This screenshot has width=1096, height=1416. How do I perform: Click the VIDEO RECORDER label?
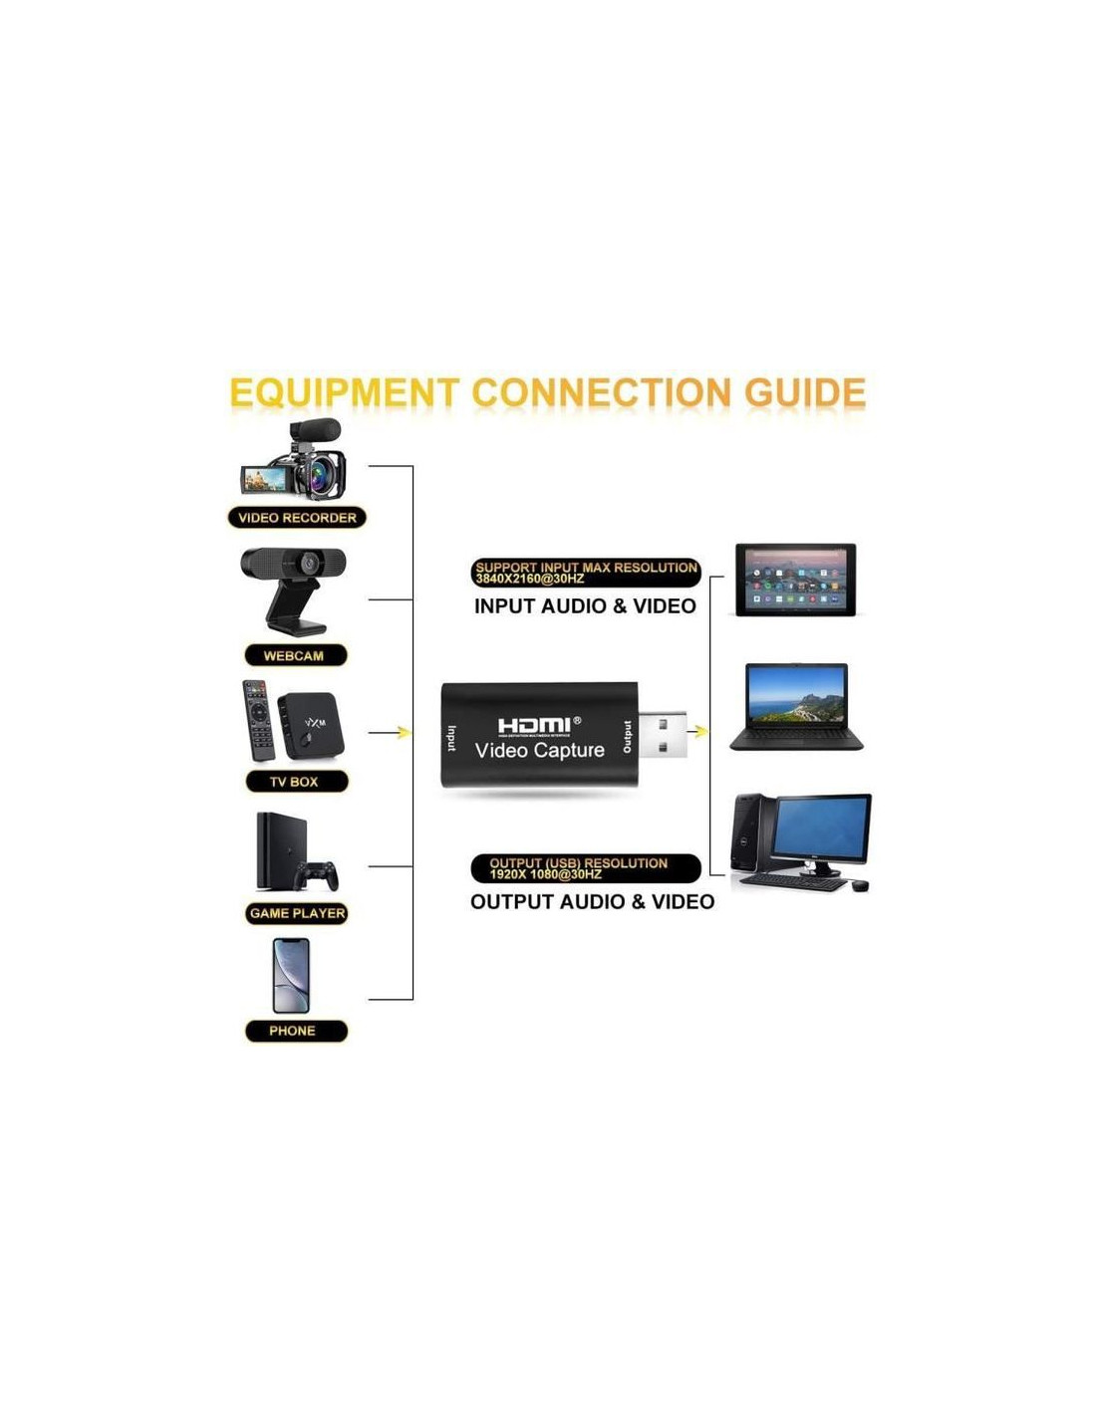(297, 518)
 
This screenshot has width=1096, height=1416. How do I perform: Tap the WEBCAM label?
(296, 655)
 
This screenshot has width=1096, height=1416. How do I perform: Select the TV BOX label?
(296, 782)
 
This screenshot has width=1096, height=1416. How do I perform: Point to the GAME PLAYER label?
(297, 913)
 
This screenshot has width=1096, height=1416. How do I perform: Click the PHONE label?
(295, 1031)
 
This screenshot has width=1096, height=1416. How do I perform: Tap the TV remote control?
(258, 720)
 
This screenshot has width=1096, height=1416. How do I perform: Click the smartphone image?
(291, 976)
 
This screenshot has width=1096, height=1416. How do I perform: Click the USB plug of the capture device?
(661, 735)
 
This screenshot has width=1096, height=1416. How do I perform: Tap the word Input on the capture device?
(451, 738)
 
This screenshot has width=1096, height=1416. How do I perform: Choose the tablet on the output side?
(795, 580)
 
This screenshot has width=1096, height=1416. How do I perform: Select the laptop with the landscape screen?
(796, 706)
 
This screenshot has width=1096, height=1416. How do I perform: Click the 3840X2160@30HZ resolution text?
(529, 580)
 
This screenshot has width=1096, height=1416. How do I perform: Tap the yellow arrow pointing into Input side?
(404, 733)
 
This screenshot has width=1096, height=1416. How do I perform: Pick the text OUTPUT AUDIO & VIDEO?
(592, 902)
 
